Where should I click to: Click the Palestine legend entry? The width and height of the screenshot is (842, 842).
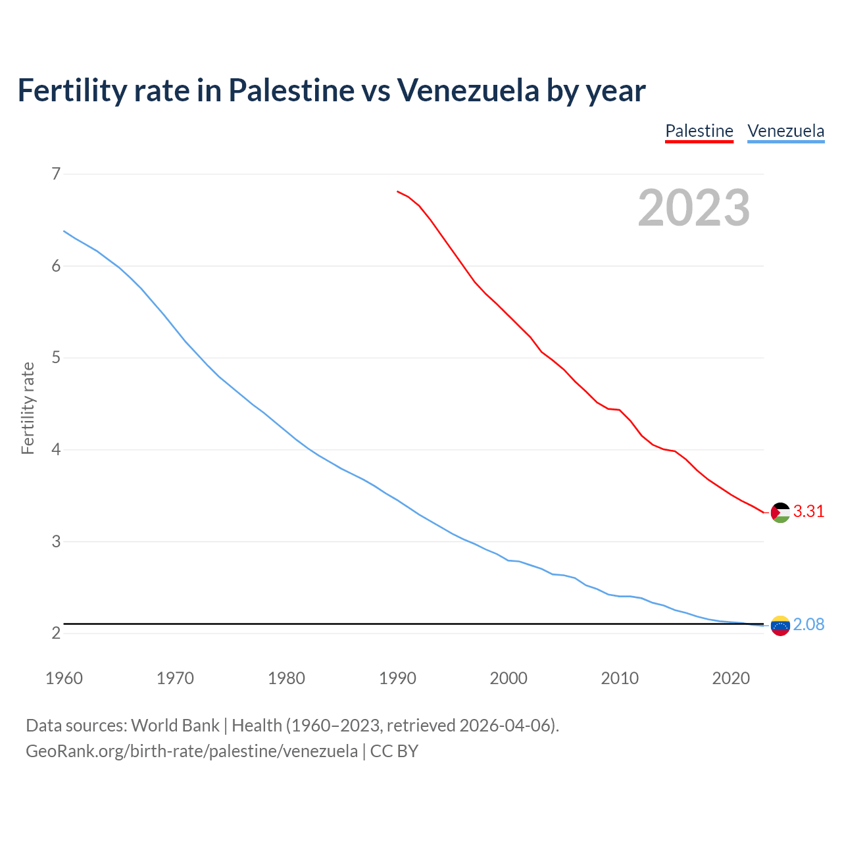(699, 131)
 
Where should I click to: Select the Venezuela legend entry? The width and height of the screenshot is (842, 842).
(785, 131)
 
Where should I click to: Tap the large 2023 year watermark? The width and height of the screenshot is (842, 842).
(693, 208)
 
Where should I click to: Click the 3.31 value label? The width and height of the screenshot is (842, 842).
(808, 511)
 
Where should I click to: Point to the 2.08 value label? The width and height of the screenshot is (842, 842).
(808, 624)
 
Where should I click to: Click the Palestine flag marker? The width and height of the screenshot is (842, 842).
(780, 512)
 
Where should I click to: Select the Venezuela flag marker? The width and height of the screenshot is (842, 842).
(780, 626)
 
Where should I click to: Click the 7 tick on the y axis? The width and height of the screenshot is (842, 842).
(56, 174)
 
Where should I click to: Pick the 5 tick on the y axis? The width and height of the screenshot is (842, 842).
(56, 358)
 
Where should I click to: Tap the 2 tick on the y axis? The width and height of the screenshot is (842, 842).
(56, 633)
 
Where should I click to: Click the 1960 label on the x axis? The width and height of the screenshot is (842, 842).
(64, 678)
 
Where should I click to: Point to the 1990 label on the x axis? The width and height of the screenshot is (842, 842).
(397, 678)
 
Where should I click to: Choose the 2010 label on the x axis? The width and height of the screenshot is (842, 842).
(620, 678)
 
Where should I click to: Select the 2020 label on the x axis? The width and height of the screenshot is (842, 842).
(731, 678)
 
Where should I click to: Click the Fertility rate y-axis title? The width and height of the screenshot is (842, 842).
(28, 408)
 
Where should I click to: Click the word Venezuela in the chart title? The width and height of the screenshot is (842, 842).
(468, 90)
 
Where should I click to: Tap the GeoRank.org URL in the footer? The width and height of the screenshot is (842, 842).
(191, 751)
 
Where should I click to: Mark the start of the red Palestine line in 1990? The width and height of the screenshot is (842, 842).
(397, 191)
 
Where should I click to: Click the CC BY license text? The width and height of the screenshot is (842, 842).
(394, 751)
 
